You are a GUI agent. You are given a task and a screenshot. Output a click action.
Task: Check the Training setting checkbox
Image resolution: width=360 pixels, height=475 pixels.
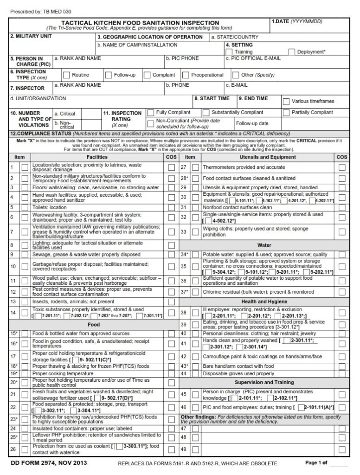[x=230, y=52]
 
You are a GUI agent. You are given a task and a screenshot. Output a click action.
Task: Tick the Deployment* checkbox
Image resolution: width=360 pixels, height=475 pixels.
[x=292, y=52]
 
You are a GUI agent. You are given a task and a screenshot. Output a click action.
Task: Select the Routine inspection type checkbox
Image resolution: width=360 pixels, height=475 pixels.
[x=66, y=75]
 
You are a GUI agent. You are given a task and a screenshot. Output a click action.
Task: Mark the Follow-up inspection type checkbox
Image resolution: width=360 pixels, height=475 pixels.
[x=109, y=75]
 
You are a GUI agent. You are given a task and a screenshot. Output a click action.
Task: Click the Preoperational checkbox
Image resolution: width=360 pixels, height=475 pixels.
[x=186, y=75]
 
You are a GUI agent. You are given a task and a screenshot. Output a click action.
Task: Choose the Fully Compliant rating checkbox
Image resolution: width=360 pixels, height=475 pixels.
[x=150, y=112]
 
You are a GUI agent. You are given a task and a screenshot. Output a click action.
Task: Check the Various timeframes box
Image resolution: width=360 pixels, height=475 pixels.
[x=286, y=101]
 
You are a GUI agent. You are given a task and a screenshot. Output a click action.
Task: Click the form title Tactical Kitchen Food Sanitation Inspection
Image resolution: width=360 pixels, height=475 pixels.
[x=141, y=22]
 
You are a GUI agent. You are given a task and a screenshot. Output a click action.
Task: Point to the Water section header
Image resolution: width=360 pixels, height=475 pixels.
[x=264, y=245]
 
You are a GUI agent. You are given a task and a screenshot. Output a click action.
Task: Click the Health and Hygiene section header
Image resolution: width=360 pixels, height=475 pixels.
[x=264, y=302]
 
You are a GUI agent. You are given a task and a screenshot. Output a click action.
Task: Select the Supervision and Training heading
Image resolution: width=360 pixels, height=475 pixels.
[x=264, y=382]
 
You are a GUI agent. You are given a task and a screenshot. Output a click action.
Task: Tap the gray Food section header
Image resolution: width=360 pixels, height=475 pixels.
[x=94, y=325]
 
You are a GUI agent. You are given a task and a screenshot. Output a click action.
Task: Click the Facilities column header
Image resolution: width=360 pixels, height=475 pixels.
[x=97, y=157]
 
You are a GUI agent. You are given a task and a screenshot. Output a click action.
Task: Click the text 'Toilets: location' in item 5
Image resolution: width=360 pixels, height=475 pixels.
[x=49, y=207]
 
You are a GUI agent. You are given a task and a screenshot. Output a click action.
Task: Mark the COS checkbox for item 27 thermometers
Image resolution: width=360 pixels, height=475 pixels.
[x=342, y=167]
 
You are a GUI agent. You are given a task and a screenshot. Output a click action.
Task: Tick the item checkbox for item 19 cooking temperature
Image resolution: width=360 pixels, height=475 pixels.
[x=24, y=373]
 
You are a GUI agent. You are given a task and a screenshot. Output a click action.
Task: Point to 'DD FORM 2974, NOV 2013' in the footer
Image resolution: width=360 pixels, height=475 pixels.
[x=48, y=463]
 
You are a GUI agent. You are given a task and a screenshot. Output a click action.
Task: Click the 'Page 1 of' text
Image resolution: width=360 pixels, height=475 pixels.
[x=316, y=463]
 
